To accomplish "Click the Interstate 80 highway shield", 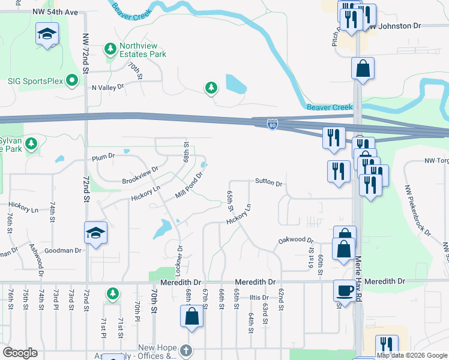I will coord(272,124).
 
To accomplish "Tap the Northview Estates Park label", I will coord(142,50).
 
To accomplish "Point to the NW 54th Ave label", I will coord(56,13).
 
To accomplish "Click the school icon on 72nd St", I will coord(95,233).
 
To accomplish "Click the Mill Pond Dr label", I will coord(190,186).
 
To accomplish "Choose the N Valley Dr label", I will coord(107,87).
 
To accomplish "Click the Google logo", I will coord(20,353).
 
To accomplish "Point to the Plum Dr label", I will coord(103,157).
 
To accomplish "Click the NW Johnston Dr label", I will coord(394,26).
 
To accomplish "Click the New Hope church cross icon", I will coord(186,350).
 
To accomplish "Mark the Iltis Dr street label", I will coord(259,298).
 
